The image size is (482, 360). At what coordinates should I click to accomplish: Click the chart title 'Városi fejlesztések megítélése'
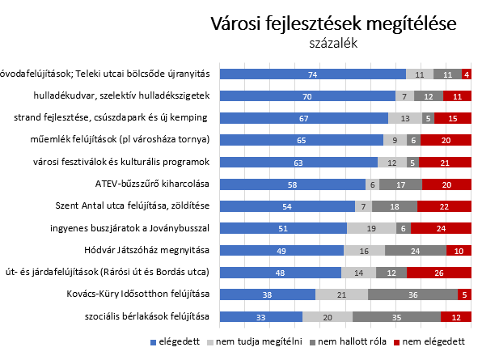click(x=333, y=23)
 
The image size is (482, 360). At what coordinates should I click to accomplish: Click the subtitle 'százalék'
click(x=333, y=44)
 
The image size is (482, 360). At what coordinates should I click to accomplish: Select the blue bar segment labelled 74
click(x=313, y=74)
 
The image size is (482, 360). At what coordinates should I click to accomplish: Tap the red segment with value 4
click(x=467, y=74)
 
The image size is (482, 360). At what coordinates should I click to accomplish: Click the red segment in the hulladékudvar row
click(x=457, y=96)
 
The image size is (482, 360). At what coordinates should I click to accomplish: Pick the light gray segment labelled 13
click(x=405, y=118)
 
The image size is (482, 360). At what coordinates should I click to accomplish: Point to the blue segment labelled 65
click(x=302, y=140)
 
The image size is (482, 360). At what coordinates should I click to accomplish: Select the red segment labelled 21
click(x=445, y=162)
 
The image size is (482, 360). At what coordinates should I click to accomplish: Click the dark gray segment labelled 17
click(x=400, y=184)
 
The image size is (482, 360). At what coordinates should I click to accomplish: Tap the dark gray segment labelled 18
click(x=395, y=206)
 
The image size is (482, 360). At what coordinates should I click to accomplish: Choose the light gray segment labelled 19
click(x=371, y=228)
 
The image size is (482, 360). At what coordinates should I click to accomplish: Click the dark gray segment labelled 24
click(x=416, y=250)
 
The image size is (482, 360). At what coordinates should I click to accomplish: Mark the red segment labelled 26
click(x=439, y=273)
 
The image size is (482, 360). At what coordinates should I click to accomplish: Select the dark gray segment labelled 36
click(x=412, y=294)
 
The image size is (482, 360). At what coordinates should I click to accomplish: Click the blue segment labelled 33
click(x=261, y=316)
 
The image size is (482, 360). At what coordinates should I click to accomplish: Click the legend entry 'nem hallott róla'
click(x=348, y=341)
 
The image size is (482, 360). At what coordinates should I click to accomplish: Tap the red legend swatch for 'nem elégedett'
click(x=396, y=342)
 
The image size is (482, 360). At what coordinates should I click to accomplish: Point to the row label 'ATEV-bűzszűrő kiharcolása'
click(x=152, y=184)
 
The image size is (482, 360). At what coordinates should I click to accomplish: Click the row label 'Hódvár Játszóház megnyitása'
click(x=146, y=250)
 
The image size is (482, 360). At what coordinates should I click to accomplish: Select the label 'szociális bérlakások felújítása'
click(x=147, y=316)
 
